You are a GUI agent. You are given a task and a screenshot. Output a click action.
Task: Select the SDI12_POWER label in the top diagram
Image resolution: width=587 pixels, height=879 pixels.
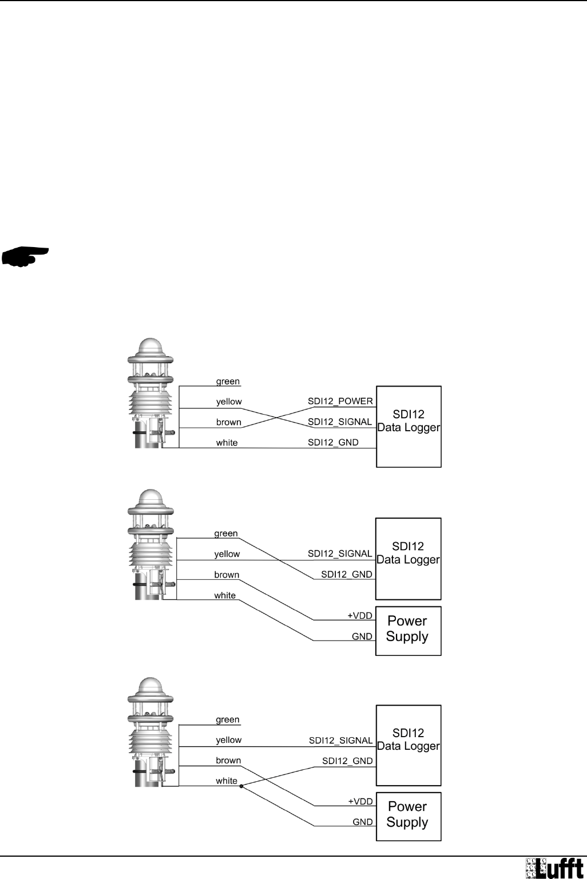[x=340, y=401]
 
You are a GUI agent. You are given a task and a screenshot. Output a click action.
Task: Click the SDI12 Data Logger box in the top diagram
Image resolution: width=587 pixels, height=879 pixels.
[x=408, y=427]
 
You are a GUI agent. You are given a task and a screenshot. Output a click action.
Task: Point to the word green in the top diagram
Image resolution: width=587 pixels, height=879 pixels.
[x=228, y=381]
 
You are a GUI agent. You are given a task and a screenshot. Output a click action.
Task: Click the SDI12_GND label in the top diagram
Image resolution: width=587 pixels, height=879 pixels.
[x=333, y=443]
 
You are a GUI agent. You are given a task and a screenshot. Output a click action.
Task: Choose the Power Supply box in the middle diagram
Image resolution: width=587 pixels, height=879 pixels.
[x=408, y=630]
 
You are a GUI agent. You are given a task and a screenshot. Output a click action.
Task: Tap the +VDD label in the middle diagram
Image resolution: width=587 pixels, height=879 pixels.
[x=360, y=616]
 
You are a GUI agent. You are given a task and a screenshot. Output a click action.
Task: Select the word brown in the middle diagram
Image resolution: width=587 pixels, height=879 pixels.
[x=227, y=575]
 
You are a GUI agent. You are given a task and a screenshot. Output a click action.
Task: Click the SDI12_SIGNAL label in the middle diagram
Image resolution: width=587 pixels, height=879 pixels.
[x=340, y=554]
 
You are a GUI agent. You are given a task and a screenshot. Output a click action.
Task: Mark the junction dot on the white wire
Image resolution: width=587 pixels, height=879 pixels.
[x=242, y=786]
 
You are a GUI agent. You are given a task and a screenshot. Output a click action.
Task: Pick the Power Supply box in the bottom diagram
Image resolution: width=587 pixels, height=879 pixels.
[x=408, y=816]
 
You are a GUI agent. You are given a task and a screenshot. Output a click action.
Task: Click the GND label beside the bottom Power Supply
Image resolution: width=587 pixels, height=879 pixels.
[x=363, y=822]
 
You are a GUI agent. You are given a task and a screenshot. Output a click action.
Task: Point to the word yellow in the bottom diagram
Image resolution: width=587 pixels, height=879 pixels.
[x=228, y=740]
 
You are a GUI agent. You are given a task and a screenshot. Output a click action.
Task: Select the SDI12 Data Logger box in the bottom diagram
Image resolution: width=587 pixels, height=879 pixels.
[x=408, y=745]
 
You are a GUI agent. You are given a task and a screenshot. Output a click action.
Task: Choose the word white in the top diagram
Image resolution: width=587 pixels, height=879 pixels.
[x=227, y=443]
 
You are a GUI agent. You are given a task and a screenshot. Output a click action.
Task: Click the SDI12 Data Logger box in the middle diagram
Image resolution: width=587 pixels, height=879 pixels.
[x=408, y=558]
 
